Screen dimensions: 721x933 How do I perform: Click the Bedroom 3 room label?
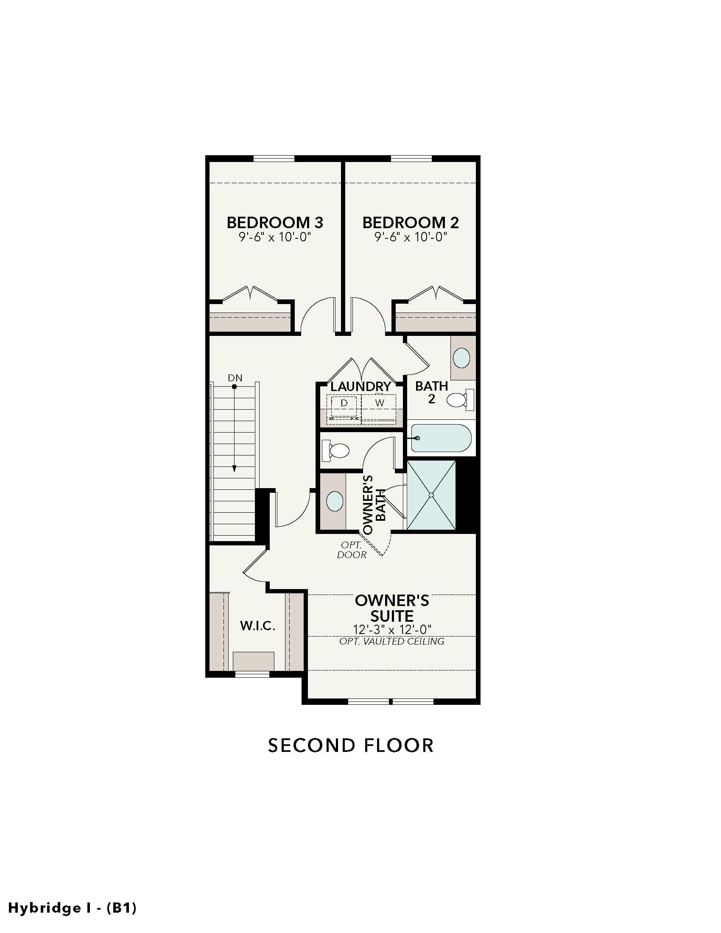click(275, 223)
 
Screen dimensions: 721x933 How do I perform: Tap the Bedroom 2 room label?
click(411, 223)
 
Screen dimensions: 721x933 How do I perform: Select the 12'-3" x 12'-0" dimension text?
click(392, 629)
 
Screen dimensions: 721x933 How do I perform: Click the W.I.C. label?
click(257, 626)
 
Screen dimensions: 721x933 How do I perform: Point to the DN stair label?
click(235, 377)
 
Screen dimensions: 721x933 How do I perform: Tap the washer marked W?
click(379, 403)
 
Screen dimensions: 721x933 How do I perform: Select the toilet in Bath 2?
click(461, 400)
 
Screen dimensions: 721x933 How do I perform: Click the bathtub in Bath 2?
click(441, 438)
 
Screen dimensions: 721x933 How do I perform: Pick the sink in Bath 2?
click(461, 358)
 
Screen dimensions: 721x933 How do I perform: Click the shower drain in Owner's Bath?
click(431, 495)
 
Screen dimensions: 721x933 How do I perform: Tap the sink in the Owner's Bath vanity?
click(335, 501)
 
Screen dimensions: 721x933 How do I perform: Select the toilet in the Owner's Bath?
click(336, 450)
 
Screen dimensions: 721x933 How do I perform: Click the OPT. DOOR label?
click(352, 550)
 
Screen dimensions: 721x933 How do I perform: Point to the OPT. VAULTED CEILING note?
click(392, 641)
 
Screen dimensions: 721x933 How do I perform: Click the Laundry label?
click(361, 386)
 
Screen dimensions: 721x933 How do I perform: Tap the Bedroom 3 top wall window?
click(274, 159)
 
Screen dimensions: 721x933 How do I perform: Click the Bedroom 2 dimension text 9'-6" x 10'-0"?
click(411, 237)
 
